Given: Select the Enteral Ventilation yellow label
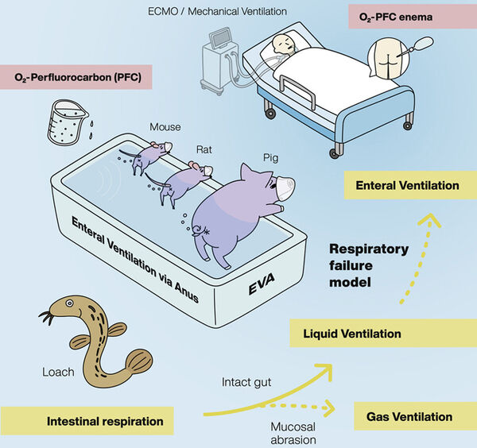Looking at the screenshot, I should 408,185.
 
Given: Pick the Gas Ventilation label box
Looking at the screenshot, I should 409,416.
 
